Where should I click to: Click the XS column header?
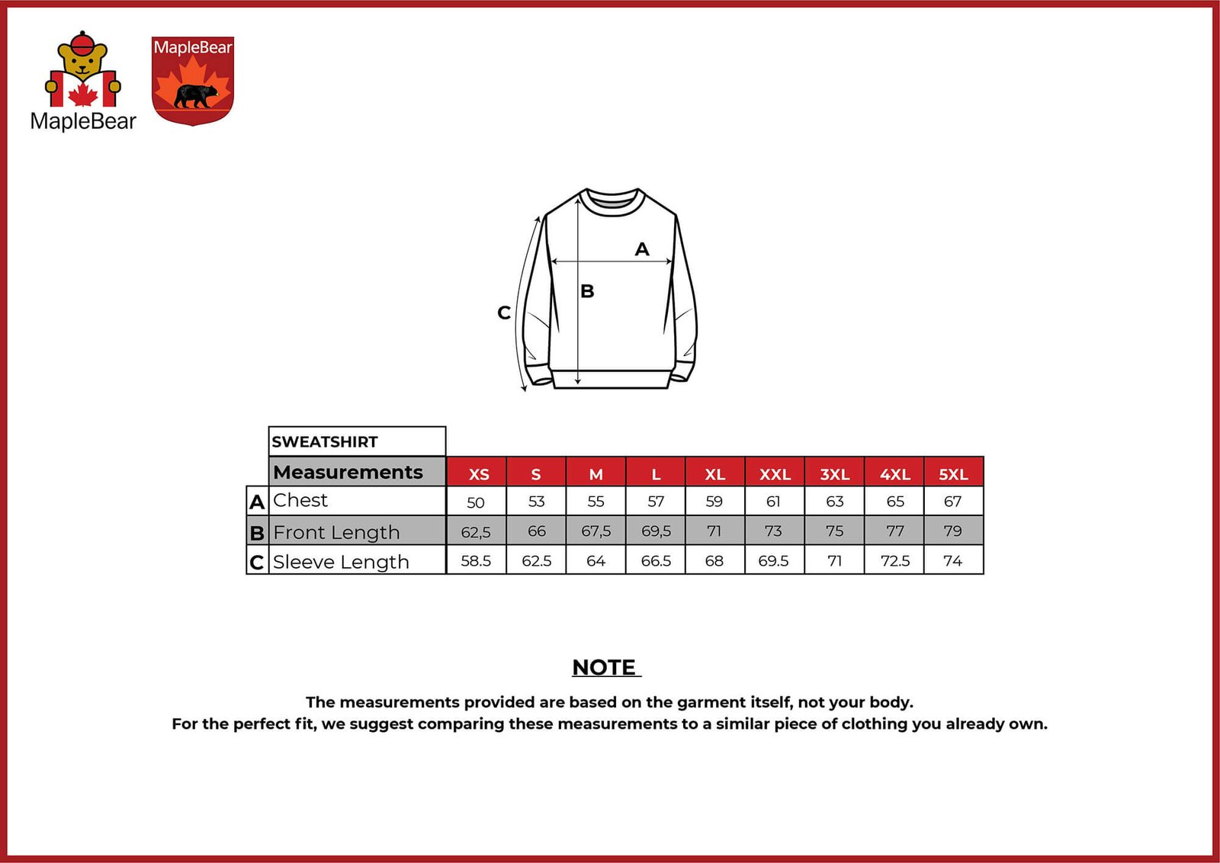(x=478, y=473)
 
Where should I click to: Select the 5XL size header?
(x=953, y=473)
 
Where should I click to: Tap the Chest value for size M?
(x=596, y=502)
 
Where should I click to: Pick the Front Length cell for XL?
(x=714, y=531)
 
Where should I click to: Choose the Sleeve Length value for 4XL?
(x=894, y=561)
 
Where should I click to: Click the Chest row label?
(x=300, y=500)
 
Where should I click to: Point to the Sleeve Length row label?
(x=341, y=562)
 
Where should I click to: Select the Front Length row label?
(x=336, y=532)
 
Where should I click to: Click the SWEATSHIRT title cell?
(x=325, y=442)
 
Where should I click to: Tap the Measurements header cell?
(x=348, y=472)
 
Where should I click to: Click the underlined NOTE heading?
(x=605, y=668)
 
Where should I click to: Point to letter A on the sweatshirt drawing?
(x=642, y=249)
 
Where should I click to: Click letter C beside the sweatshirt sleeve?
(x=504, y=313)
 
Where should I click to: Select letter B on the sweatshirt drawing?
(x=587, y=291)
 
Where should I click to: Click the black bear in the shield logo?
(x=195, y=95)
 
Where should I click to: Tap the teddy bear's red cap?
(x=82, y=43)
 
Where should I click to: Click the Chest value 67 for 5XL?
(x=952, y=502)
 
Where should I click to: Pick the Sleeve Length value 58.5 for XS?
(x=476, y=561)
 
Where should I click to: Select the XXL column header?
(x=775, y=473)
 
